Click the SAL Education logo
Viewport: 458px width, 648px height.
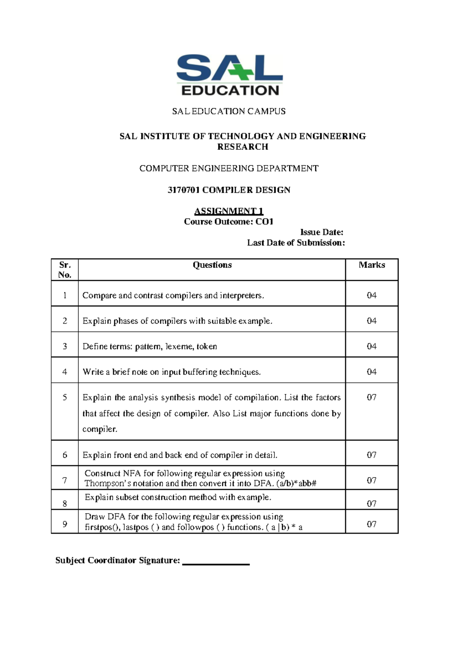pos(229,75)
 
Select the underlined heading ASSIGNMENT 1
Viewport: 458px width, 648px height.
pos(229,211)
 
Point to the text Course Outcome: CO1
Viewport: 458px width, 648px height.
pos(229,222)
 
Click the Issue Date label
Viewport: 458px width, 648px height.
pos(322,232)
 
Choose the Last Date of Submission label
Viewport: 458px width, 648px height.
pos(296,243)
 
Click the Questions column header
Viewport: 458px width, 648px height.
pos(212,265)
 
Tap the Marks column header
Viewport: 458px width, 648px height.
pos(372,265)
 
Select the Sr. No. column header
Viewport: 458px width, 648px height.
pos(65,270)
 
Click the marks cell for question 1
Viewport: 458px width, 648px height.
pos(372,295)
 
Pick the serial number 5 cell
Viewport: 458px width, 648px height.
pos(65,397)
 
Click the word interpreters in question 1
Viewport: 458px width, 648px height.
pos(242,295)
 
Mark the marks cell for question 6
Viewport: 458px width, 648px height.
pos(372,455)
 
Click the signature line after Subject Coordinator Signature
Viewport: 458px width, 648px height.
pos(216,563)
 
